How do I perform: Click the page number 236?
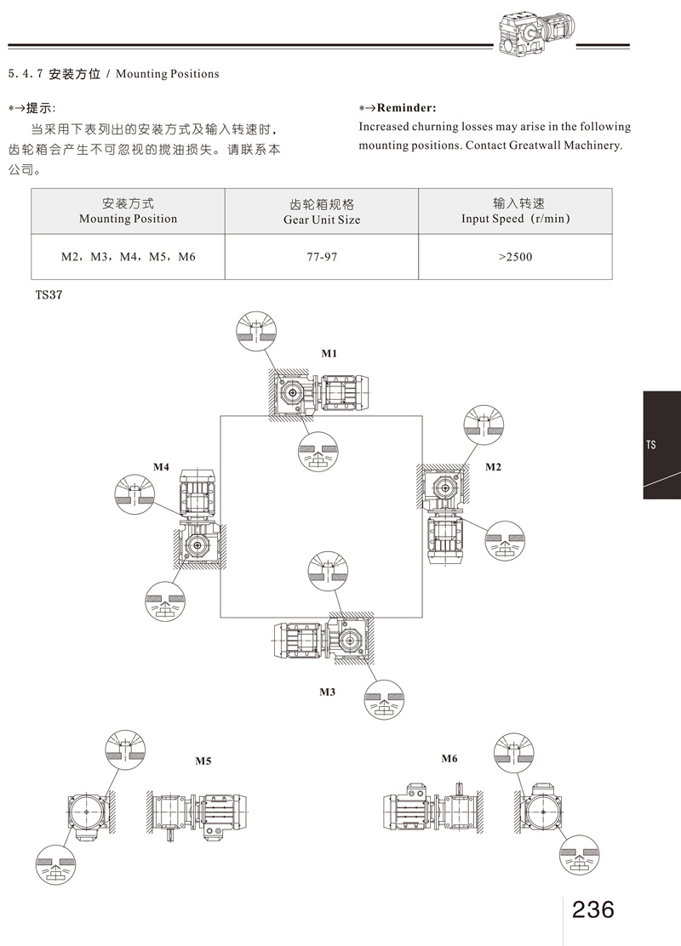[593, 909]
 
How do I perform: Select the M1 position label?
[329, 353]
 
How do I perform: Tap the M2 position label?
[494, 467]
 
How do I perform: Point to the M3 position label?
[328, 692]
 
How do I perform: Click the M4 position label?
[161, 467]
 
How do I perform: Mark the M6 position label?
[449, 758]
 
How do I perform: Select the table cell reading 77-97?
[322, 255]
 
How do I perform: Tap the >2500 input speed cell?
[515, 255]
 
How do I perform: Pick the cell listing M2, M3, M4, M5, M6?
[128, 255]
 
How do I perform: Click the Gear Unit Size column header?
[322, 212]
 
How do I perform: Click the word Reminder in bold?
[406, 108]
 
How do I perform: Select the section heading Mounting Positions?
[167, 74]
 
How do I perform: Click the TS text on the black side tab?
[651, 445]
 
